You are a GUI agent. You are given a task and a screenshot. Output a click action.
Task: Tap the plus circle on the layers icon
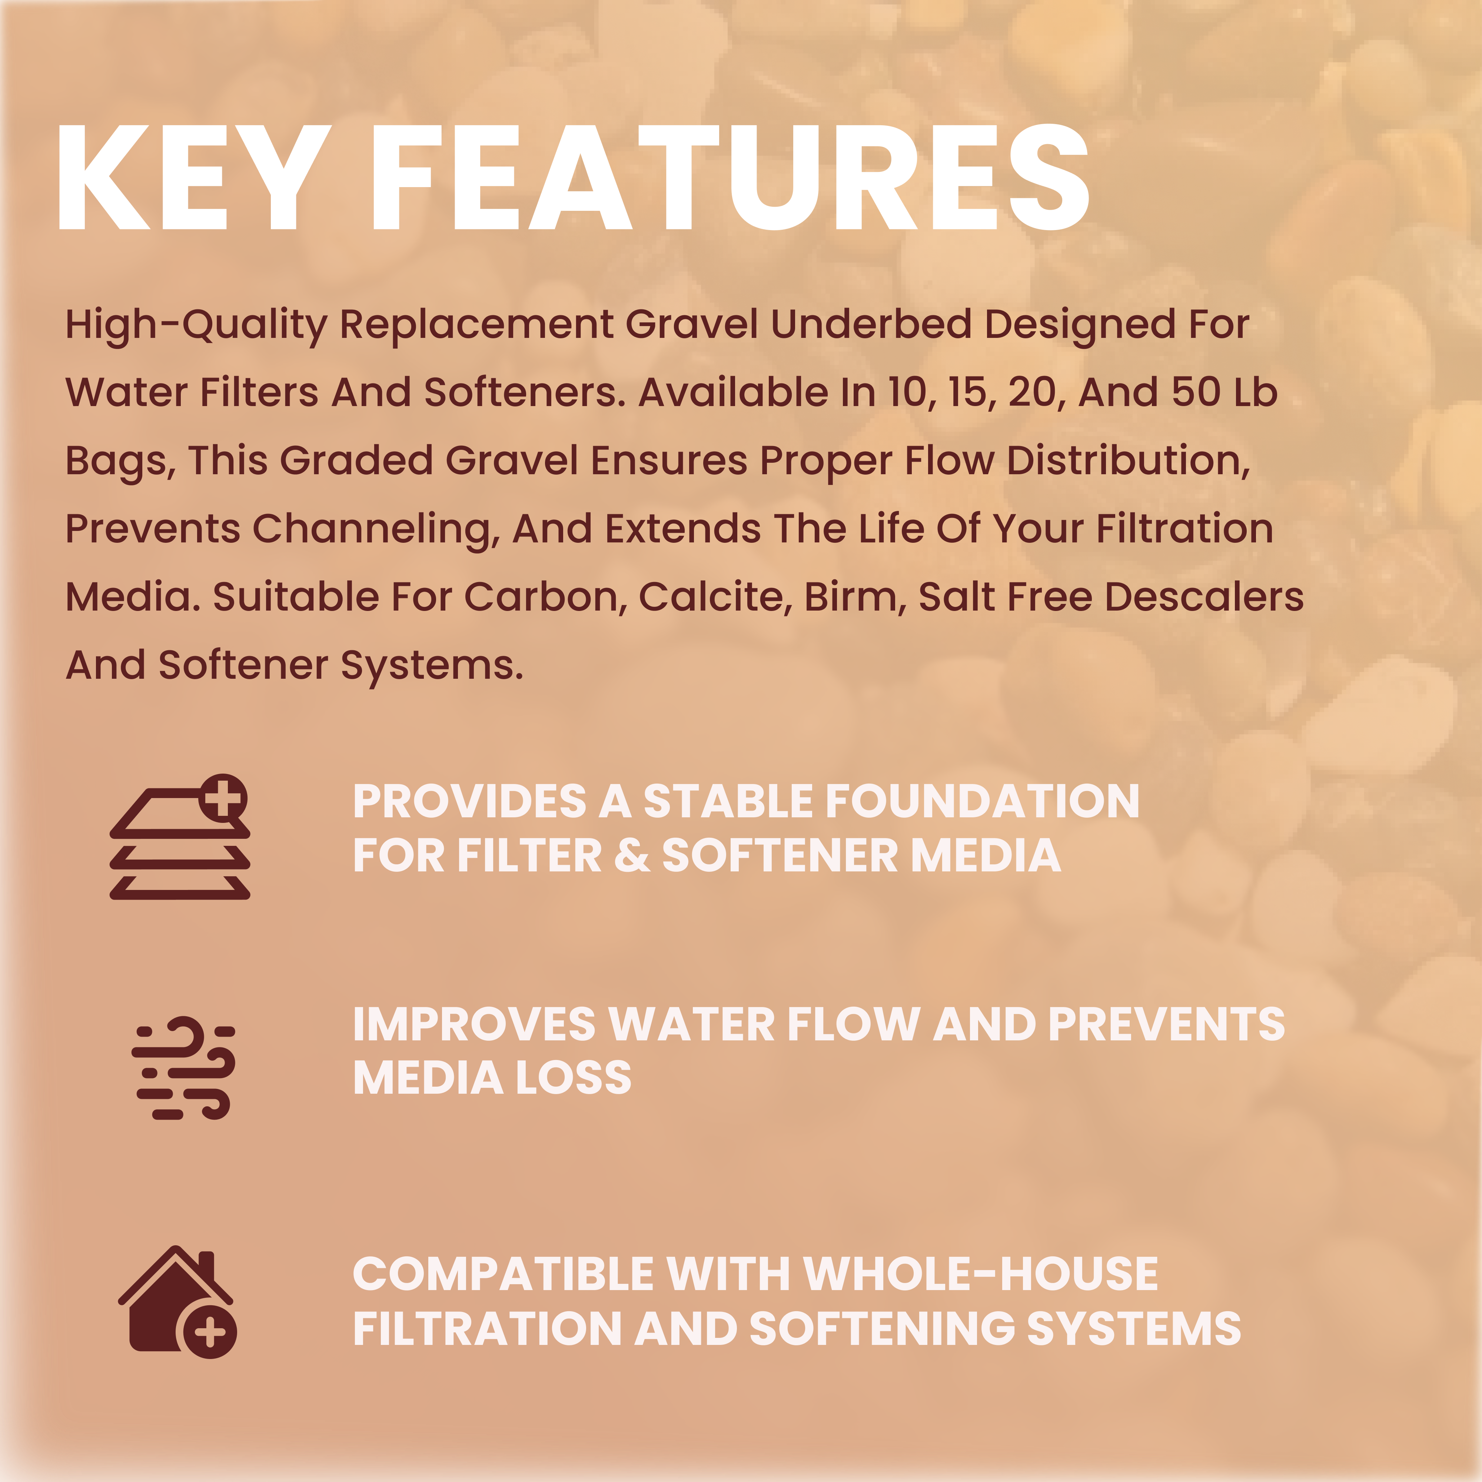point(223,798)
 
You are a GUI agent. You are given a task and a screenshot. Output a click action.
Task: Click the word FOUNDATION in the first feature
point(982,802)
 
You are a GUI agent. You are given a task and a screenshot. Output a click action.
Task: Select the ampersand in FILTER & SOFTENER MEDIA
point(631,855)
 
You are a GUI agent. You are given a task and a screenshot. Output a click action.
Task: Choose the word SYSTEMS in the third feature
point(1134,1329)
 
